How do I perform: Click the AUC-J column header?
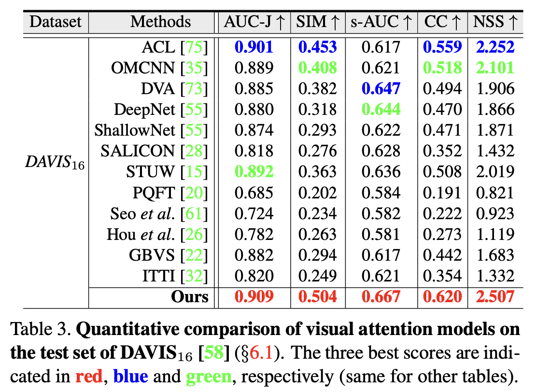(254, 22)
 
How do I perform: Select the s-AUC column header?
(381, 22)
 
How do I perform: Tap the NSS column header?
(495, 22)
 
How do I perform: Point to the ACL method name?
(158, 47)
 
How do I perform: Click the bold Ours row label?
(190, 296)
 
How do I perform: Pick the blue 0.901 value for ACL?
(254, 47)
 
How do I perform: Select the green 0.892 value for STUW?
(254, 172)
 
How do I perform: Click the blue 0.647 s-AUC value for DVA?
(381, 89)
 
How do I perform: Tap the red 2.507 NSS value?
(495, 296)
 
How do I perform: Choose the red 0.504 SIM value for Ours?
(317, 296)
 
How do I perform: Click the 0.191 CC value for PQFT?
(442, 193)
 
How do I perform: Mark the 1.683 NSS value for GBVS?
(495, 255)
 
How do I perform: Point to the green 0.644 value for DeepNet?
(381, 110)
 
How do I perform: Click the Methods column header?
(160, 22)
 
